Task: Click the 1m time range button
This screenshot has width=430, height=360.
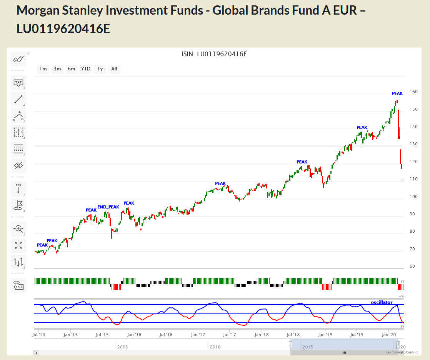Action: pyautogui.click(x=43, y=69)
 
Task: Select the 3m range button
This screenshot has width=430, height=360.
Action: pyautogui.click(x=57, y=69)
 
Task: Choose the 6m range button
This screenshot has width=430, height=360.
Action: pyautogui.click(x=72, y=69)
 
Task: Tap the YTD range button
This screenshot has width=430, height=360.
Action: pyautogui.click(x=86, y=69)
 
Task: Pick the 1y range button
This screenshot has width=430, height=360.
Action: pyautogui.click(x=100, y=69)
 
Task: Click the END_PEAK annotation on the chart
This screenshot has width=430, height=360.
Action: pyautogui.click(x=108, y=207)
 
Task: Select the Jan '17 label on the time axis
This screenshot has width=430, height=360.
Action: pyautogui.click(x=198, y=335)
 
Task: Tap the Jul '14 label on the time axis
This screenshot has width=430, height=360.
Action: pyautogui.click(x=39, y=335)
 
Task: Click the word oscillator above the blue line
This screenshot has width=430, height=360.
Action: pyautogui.click(x=382, y=302)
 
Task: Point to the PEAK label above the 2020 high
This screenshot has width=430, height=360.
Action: pyautogui.click(x=397, y=93)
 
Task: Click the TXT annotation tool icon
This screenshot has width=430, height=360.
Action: pyautogui.click(x=18, y=82)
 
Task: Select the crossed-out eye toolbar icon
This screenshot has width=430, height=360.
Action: pyautogui.click(x=18, y=165)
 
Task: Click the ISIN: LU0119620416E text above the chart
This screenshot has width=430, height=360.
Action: pyautogui.click(x=214, y=54)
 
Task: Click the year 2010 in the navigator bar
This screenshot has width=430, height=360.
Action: pyautogui.click(x=215, y=347)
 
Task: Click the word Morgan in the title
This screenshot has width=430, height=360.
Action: pyautogui.click(x=40, y=10)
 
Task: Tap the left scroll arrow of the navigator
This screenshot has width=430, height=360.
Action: pyautogui.click(x=36, y=353)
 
